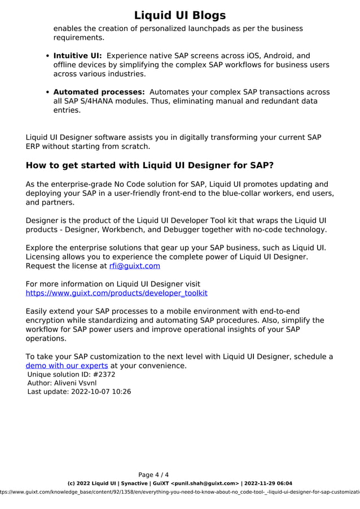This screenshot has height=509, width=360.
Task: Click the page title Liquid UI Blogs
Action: [x=180, y=15]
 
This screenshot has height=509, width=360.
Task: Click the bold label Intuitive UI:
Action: [x=77, y=56]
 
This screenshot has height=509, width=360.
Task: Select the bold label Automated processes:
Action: [x=99, y=92]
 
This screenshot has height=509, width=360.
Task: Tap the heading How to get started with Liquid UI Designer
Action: [x=150, y=165]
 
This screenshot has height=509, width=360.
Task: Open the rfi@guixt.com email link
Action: [x=134, y=266]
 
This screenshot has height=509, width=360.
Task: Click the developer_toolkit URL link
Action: [x=116, y=293]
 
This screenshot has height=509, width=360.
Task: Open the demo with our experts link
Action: [x=67, y=366]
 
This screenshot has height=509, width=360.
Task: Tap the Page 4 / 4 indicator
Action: [x=153, y=475]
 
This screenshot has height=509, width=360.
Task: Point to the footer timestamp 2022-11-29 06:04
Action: [x=268, y=484]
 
